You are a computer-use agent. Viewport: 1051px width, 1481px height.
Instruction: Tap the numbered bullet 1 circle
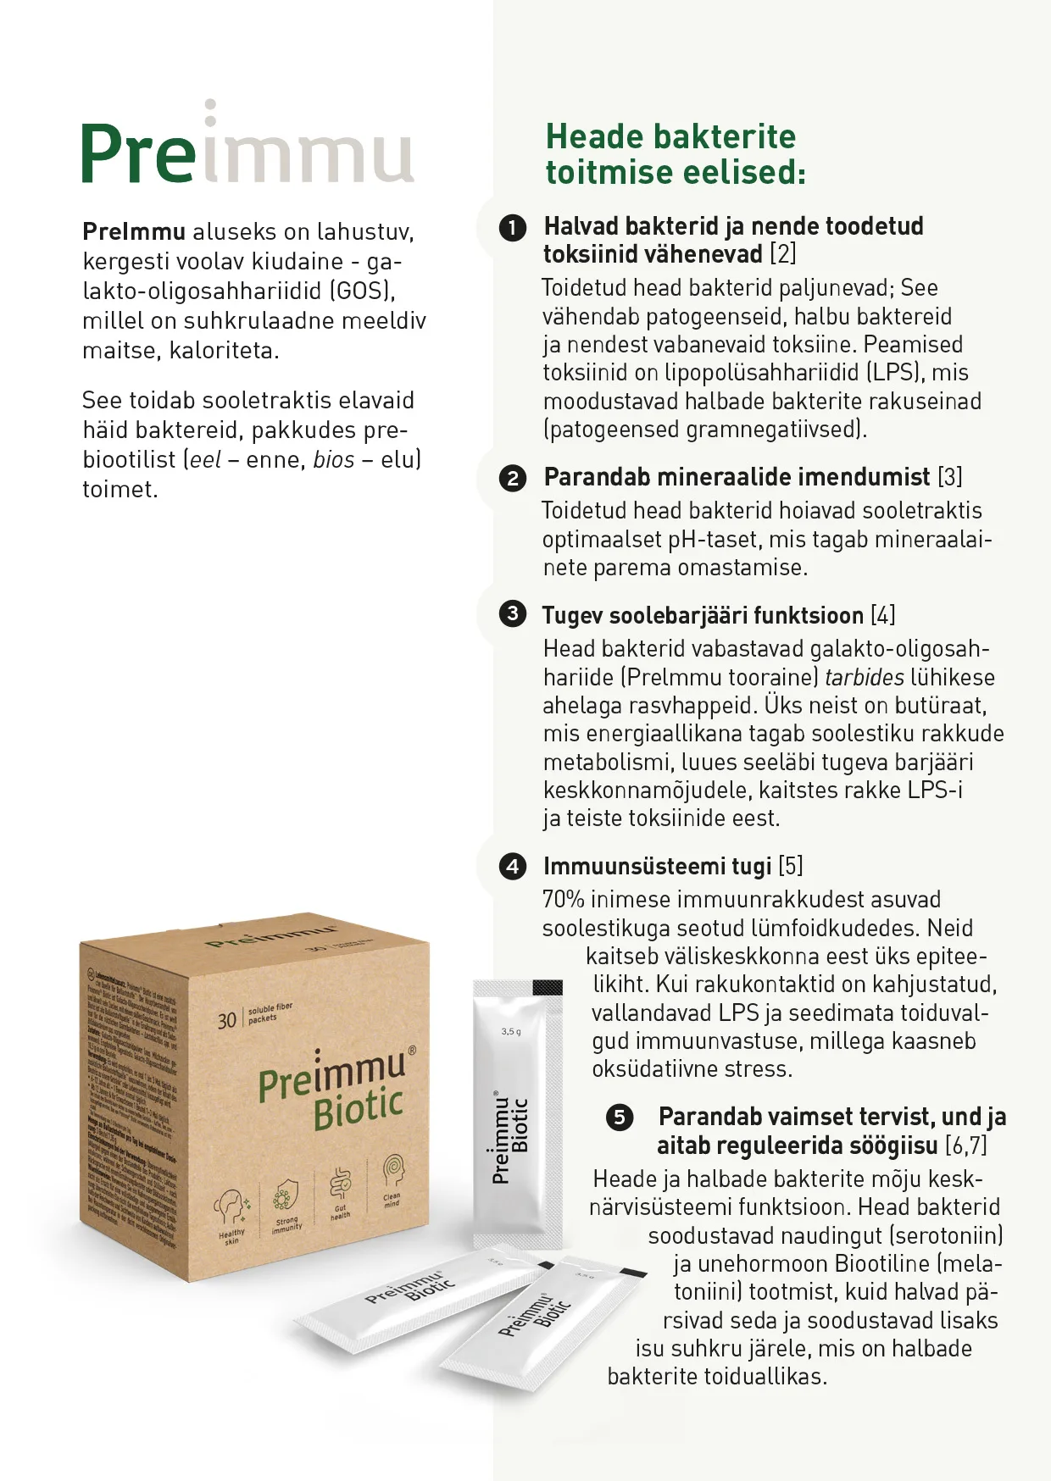coord(513,228)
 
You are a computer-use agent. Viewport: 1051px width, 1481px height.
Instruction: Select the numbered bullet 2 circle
coord(513,479)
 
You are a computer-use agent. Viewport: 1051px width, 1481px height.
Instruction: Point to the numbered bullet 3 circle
coord(513,613)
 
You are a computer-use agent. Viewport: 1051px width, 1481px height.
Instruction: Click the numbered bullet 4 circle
coord(513,867)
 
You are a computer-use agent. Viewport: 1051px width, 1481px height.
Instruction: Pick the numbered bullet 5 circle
coord(620,1118)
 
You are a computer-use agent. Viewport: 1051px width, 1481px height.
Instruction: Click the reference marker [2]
coord(782,254)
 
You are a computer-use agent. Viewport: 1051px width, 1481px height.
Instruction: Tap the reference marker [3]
coord(949,477)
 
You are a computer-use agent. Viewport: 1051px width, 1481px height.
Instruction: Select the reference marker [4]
coord(882,615)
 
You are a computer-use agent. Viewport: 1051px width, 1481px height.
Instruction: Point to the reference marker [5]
coord(790,866)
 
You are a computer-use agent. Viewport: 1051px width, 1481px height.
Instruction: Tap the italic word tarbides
coord(864,678)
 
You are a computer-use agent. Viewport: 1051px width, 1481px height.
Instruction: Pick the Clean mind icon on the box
coord(392,1175)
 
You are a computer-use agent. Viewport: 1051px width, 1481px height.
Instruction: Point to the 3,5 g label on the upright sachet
coord(511,1032)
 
